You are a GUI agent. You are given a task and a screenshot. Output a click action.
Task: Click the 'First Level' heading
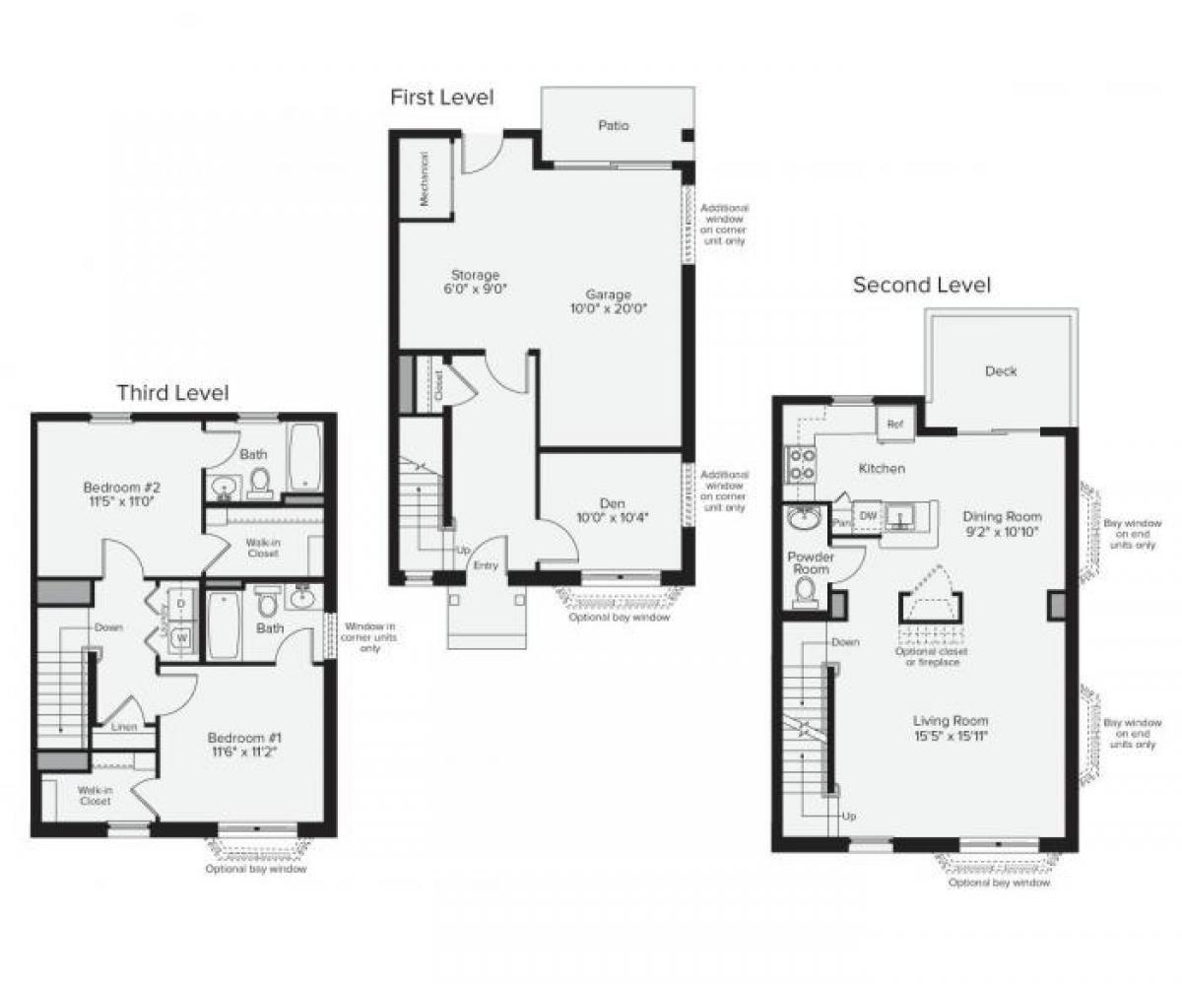pos(441,97)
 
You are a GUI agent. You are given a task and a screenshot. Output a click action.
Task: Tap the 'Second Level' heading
pos(921,285)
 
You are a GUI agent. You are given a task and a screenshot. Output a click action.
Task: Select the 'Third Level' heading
pos(172,393)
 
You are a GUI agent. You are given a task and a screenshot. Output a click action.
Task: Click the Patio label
pos(613,125)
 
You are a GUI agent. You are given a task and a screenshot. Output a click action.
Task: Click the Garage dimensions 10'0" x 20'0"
pos(609,308)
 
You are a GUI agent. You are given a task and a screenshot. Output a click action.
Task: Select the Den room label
pos(612,503)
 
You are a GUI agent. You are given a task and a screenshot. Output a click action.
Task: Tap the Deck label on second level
pos(1001,371)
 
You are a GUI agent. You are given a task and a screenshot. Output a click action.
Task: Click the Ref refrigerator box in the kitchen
pos(894,425)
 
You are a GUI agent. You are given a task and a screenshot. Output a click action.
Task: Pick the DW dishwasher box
pos(868,515)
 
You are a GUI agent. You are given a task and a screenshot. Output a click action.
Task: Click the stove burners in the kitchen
pos(799,463)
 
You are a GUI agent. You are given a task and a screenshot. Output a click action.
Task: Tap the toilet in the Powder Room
pos(806,591)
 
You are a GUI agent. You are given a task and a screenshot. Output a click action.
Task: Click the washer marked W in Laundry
pos(181,638)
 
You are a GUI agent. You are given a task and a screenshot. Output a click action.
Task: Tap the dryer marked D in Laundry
pos(181,604)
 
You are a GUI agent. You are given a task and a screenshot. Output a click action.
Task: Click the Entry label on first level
pos(486,565)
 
